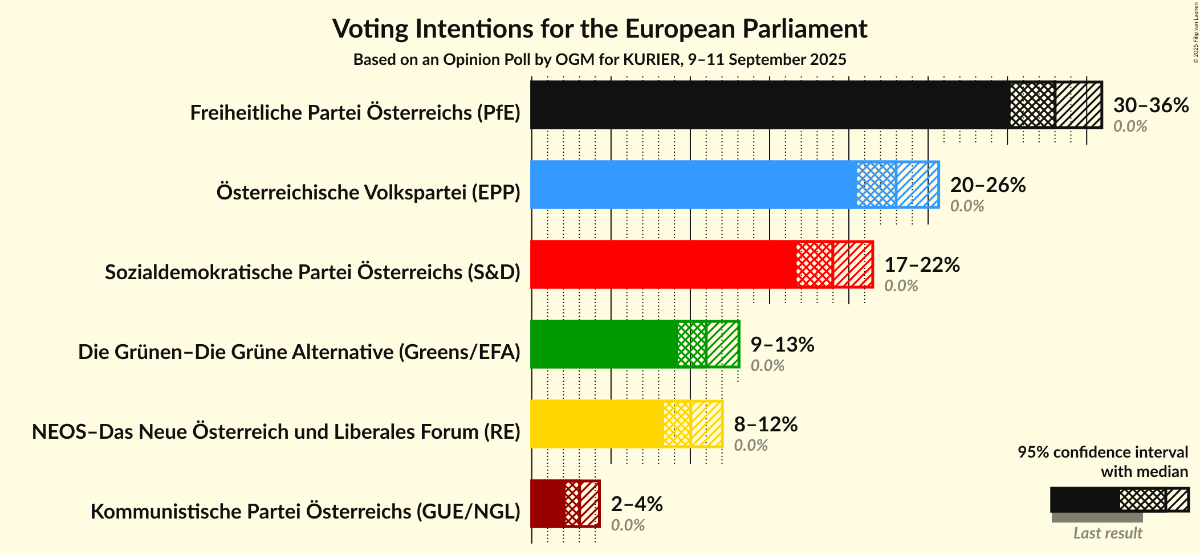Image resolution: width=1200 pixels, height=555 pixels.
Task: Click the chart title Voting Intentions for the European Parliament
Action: coord(599,28)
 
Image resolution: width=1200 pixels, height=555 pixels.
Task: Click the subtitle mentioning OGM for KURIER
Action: coord(599,60)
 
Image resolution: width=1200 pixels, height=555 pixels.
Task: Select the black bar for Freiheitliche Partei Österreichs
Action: coord(770,105)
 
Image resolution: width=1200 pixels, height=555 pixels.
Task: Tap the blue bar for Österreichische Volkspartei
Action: coord(693,185)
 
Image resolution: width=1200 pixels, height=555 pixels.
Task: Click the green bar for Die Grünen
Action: coord(604,344)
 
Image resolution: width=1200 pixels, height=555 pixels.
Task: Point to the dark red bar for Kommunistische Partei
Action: coord(548,504)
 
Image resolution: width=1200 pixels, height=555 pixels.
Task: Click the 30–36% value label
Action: coord(1150,105)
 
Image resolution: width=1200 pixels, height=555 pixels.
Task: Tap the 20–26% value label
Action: coord(987,185)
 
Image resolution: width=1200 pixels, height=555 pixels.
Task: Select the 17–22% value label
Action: coord(922,265)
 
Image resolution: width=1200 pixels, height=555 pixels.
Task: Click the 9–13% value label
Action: coord(782,345)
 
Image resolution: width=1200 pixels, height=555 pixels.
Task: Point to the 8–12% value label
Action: coord(766,425)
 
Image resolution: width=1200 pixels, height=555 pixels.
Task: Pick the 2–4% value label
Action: coord(637,504)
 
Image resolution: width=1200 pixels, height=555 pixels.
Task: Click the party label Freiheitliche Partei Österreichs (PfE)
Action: coord(355,113)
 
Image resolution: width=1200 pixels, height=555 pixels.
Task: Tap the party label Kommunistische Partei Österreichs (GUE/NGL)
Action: coord(305,512)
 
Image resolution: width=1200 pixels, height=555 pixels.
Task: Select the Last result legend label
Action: coord(1108,533)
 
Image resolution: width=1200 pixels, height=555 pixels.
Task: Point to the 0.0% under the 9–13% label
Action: coord(767,366)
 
